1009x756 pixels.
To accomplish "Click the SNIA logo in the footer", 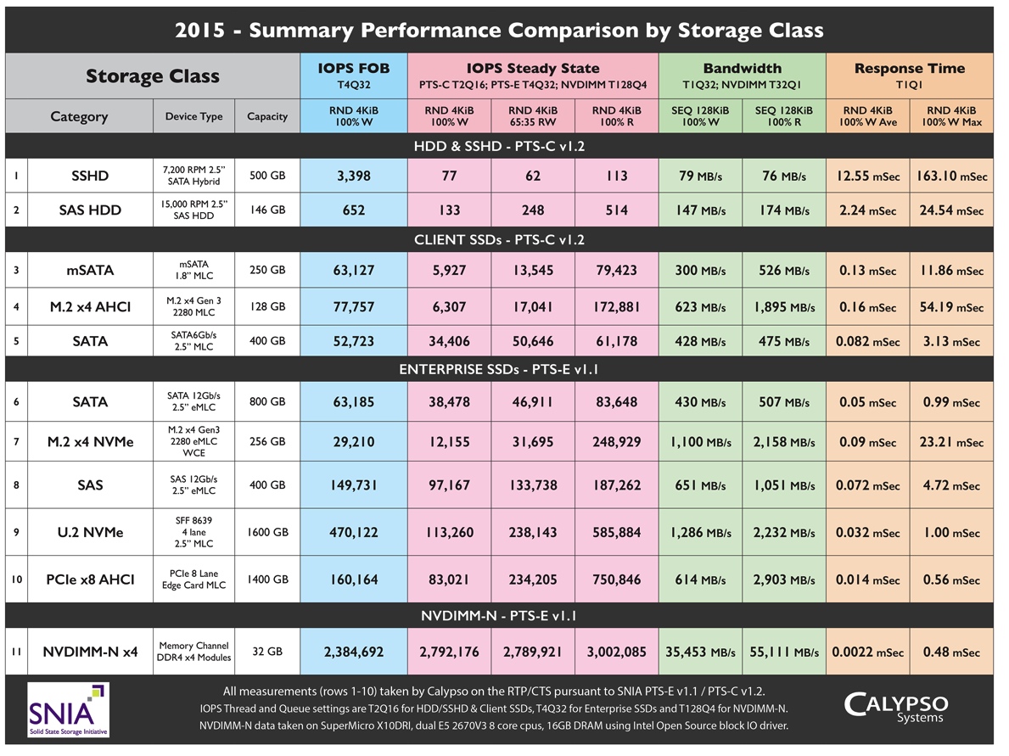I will tap(68, 708).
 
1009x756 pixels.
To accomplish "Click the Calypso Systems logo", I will tap(895, 707).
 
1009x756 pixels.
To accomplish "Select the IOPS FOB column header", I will tap(353, 76).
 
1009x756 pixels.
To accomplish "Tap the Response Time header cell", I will tap(909, 76).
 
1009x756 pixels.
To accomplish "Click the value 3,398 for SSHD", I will tap(353, 176).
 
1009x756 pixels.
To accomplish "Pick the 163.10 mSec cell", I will tap(951, 176).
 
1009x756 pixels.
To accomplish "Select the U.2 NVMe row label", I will tap(90, 533).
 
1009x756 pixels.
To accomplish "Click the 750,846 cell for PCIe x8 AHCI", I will tap(617, 580).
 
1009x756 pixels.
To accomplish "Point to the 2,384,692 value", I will tap(353, 652).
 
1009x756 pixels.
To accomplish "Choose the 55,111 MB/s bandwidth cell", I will tap(784, 652).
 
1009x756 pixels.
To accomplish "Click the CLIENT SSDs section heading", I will tap(499, 239).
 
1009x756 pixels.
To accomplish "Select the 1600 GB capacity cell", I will tap(267, 533).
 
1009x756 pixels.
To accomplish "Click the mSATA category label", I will tap(90, 271).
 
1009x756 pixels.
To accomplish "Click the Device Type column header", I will tap(193, 116).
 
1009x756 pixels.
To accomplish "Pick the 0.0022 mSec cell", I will tap(866, 652).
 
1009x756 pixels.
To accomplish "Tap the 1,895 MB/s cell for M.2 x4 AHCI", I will tap(784, 306).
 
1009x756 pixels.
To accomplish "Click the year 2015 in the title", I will tap(200, 31).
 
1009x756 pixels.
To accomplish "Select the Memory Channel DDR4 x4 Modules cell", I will tap(193, 652).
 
